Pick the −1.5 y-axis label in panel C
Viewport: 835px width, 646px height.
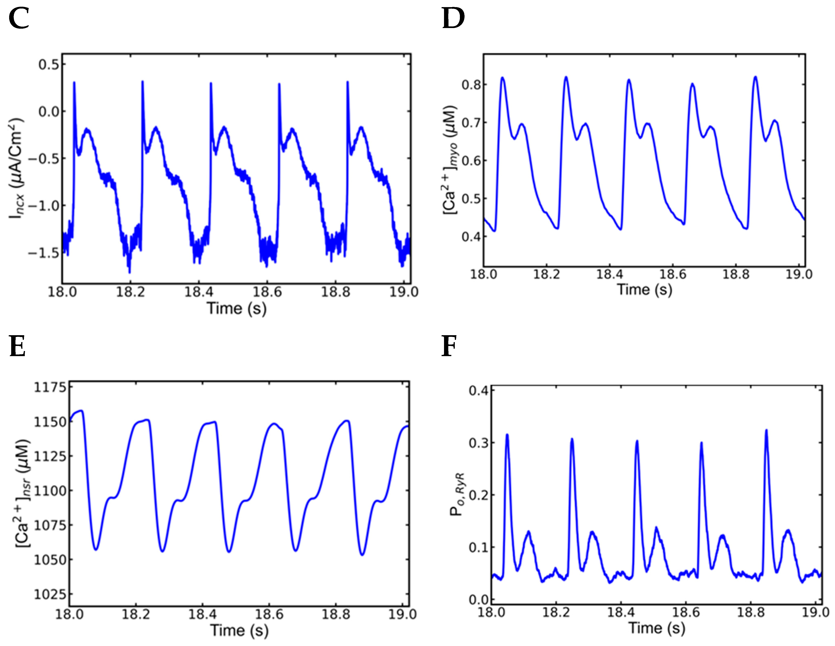44,253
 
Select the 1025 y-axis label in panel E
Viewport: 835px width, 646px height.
50,594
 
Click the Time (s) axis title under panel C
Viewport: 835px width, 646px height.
236,308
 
